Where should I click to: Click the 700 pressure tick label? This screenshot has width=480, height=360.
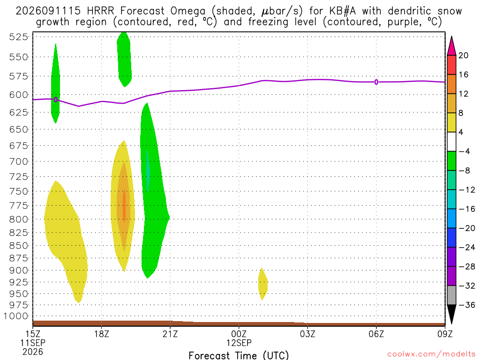[19, 162]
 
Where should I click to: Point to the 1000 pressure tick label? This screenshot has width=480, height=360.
[16, 316]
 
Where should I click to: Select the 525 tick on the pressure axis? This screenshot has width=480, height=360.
[19, 37]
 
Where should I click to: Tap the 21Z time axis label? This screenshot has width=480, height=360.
[170, 334]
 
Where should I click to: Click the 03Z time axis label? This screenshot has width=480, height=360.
[307, 334]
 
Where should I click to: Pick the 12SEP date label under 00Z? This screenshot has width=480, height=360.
[239, 343]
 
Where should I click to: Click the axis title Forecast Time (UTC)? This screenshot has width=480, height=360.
[239, 355]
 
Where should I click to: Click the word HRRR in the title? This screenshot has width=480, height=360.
[100, 11]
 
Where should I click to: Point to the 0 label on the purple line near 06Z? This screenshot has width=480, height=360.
[376, 82]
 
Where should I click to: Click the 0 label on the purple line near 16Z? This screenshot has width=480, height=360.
[55, 99]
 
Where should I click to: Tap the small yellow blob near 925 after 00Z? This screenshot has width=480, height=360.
[262, 284]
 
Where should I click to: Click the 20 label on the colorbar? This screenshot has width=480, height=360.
[463, 56]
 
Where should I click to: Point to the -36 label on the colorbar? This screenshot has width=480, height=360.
[466, 305]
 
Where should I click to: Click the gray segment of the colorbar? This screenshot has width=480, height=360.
[451, 295]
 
